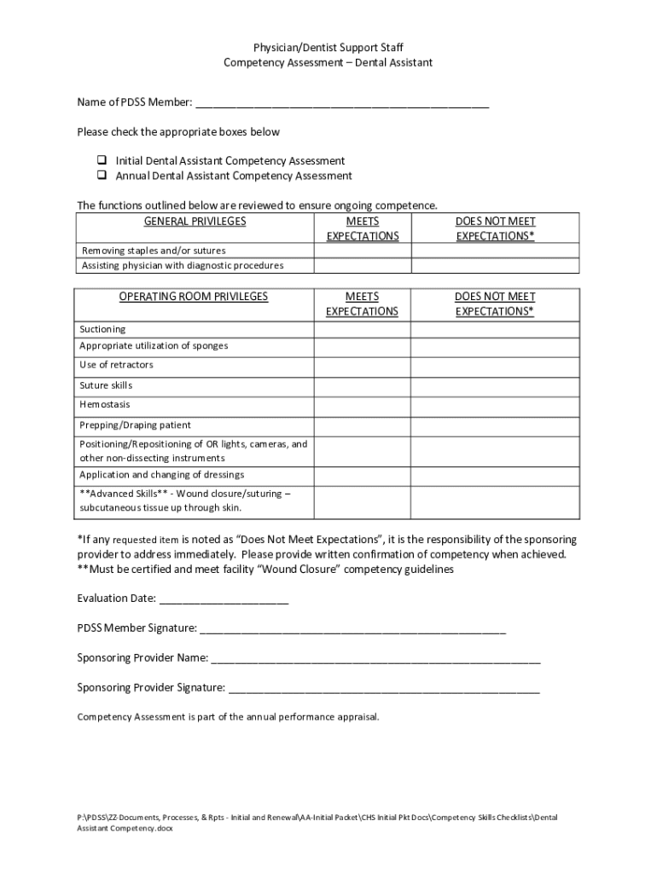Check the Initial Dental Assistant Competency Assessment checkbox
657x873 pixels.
point(101,160)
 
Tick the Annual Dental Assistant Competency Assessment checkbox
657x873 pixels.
point(101,176)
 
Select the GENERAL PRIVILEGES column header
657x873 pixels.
point(195,222)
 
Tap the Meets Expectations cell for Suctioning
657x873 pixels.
point(362,329)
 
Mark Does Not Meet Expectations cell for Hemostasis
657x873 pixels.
point(495,405)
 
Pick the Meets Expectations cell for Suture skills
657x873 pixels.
point(362,385)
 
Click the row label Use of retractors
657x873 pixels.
point(116,365)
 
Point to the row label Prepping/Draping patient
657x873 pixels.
point(135,425)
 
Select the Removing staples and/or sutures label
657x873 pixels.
point(154,251)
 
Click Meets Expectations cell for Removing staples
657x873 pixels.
point(362,251)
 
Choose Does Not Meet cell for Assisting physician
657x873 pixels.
point(495,266)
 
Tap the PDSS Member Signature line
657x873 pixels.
point(352,628)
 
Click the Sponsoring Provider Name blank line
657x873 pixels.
point(375,658)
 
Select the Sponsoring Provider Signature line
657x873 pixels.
point(384,687)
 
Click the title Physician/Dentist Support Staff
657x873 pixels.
point(328,48)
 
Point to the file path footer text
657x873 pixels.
point(317,822)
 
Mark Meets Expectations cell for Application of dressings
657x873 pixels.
point(362,475)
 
